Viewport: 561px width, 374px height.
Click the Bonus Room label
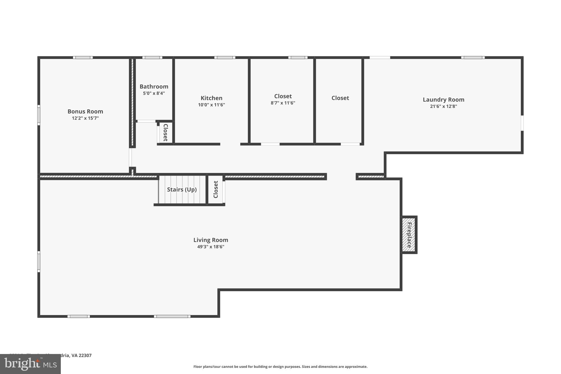click(x=85, y=112)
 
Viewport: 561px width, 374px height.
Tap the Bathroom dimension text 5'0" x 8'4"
click(x=154, y=93)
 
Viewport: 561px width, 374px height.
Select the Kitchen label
click(x=211, y=98)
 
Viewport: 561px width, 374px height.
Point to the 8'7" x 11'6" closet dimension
click(x=283, y=103)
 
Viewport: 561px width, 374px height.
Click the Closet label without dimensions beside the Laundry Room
click(x=340, y=98)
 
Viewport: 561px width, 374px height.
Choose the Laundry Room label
click(x=443, y=100)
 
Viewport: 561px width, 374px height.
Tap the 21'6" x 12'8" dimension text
click(x=443, y=107)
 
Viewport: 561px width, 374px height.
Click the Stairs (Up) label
click(x=182, y=190)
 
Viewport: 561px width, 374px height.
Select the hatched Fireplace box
click(x=409, y=235)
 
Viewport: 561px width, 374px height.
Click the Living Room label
click(x=211, y=240)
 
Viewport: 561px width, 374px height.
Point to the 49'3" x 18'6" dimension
click(x=211, y=247)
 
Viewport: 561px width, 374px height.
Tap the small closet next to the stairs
click(x=216, y=190)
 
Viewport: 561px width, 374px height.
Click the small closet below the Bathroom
click(x=165, y=133)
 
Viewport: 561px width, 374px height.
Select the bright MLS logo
click(x=30, y=364)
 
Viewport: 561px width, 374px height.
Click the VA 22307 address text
click(x=81, y=355)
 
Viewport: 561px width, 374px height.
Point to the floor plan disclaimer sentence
click(x=280, y=367)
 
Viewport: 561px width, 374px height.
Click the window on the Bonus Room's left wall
click(x=39, y=115)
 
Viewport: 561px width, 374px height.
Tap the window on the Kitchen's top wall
click(x=225, y=58)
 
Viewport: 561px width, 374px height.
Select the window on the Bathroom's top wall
click(x=152, y=58)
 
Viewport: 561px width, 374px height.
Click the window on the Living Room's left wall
click(x=39, y=262)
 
